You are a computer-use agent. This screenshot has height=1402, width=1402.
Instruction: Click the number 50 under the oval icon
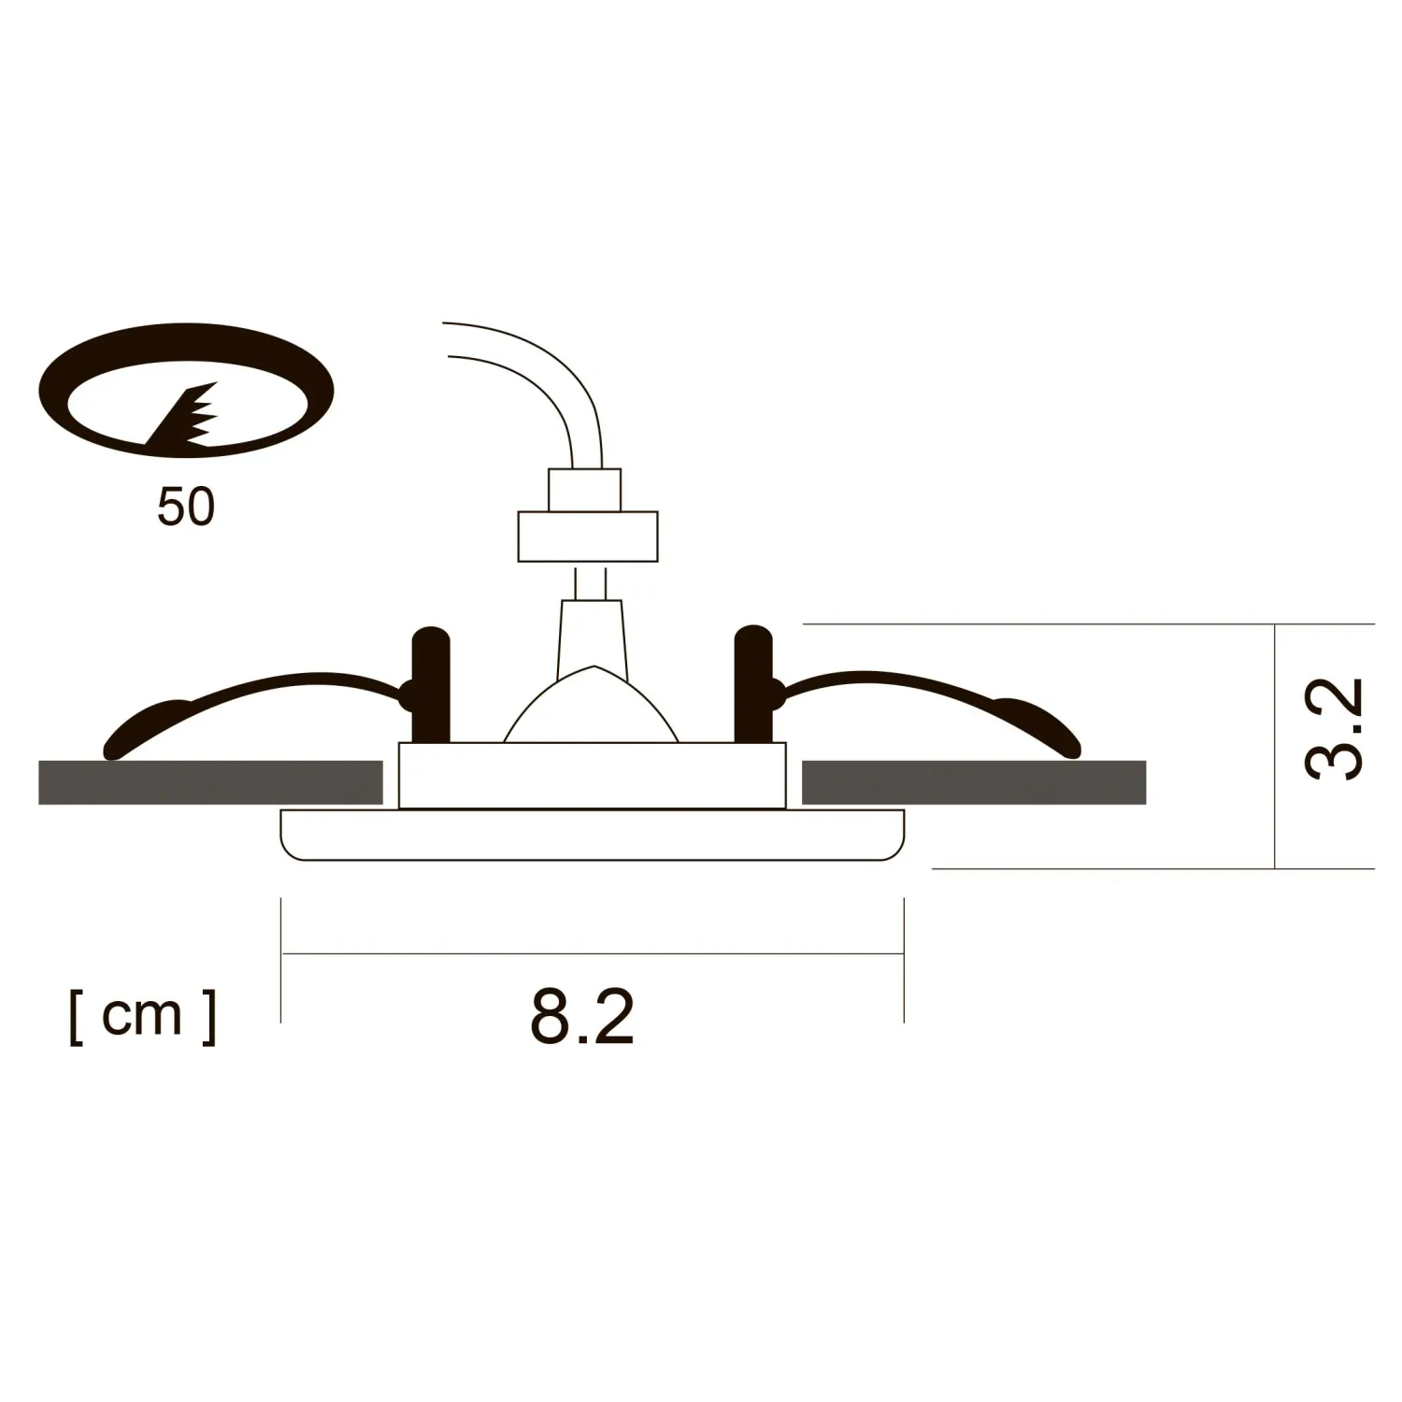[x=186, y=507]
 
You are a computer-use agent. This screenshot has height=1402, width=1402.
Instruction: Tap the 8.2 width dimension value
[x=582, y=1016]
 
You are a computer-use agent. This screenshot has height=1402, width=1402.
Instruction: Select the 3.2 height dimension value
[x=1334, y=729]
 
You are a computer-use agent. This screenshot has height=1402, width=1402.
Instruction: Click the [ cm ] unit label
[x=143, y=1016]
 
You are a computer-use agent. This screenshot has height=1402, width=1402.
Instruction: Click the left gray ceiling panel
[x=210, y=782]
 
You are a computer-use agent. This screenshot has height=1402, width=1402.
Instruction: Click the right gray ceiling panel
[x=974, y=782]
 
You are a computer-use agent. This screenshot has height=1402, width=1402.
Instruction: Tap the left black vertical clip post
[x=431, y=684]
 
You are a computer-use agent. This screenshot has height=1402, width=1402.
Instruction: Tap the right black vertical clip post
[x=753, y=684]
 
